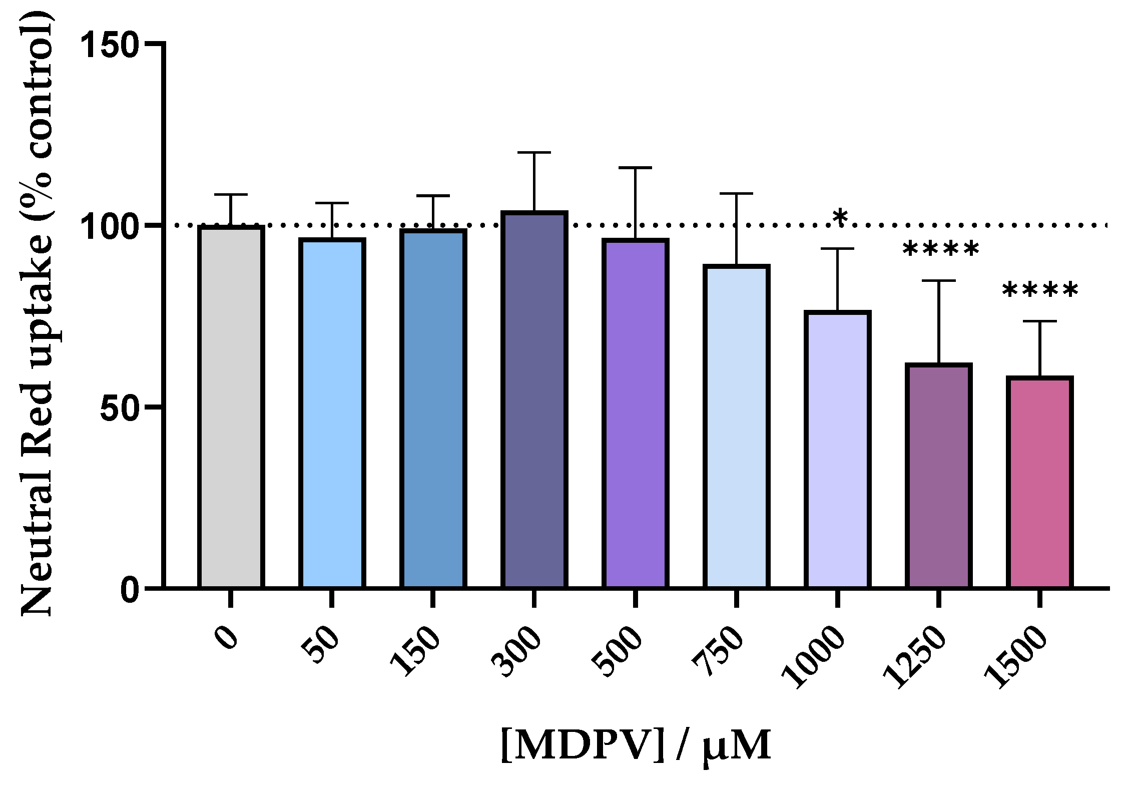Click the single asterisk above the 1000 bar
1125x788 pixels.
coord(840,218)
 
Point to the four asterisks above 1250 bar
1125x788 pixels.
coord(940,249)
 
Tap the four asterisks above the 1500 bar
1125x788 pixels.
coord(1040,290)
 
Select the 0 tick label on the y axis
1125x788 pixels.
coord(130,589)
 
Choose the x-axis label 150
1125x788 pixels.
coord(415,651)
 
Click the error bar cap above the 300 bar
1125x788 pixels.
coord(534,152)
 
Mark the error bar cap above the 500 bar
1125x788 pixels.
coord(635,168)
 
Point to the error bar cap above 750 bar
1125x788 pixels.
coord(736,193)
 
